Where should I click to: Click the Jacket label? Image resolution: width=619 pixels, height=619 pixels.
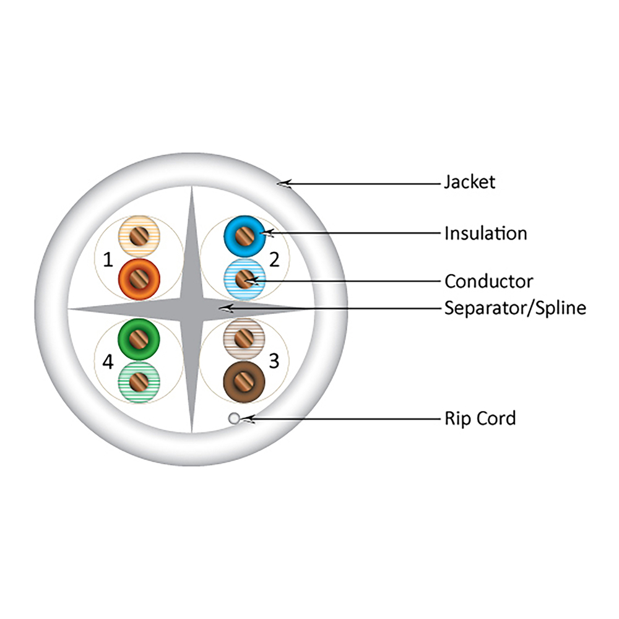(x=469, y=183)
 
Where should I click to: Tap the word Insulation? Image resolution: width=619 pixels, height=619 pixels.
(x=485, y=233)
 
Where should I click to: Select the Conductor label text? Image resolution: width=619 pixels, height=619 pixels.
(x=489, y=282)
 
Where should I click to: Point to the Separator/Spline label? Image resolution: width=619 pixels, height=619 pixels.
(x=515, y=308)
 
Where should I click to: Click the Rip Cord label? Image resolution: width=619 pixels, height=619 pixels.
(x=480, y=418)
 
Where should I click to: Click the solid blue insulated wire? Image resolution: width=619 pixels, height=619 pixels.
(x=245, y=236)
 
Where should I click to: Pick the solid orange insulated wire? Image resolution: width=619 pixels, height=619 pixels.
(x=139, y=280)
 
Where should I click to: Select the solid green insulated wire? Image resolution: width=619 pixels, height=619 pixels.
(x=139, y=339)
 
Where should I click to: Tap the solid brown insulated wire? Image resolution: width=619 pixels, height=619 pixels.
(x=244, y=382)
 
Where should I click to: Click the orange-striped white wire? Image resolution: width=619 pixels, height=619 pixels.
(x=139, y=236)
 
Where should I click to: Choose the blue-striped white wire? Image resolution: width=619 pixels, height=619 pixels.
(x=245, y=280)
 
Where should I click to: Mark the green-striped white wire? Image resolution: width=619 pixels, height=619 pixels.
(x=139, y=382)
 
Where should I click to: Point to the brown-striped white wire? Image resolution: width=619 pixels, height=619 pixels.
(x=244, y=339)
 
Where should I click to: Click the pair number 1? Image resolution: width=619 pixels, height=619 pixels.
(x=108, y=260)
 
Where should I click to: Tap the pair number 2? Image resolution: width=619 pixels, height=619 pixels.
(x=274, y=259)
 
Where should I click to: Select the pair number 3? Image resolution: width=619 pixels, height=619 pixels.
(x=274, y=361)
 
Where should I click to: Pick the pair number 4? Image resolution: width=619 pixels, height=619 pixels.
(x=108, y=361)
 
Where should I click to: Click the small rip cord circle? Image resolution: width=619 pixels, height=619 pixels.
(x=234, y=418)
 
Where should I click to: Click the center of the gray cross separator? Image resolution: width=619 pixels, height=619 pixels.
(x=192, y=309)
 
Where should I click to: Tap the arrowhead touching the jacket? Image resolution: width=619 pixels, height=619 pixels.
(x=284, y=184)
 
